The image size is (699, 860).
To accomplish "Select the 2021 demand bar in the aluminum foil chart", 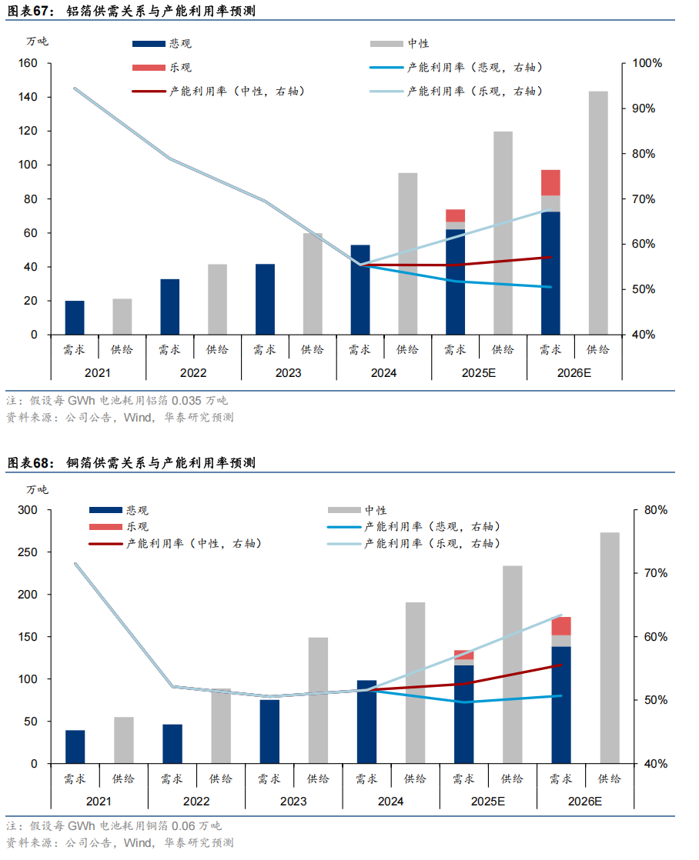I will (75, 318).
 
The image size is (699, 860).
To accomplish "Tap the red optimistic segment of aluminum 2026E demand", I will (550, 182).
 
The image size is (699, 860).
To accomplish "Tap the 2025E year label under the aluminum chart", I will (479, 373).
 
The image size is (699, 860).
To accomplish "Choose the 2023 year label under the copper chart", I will (293, 802).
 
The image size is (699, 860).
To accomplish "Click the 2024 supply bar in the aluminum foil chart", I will (407, 254).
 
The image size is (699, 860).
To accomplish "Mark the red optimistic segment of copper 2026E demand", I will (562, 625).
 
